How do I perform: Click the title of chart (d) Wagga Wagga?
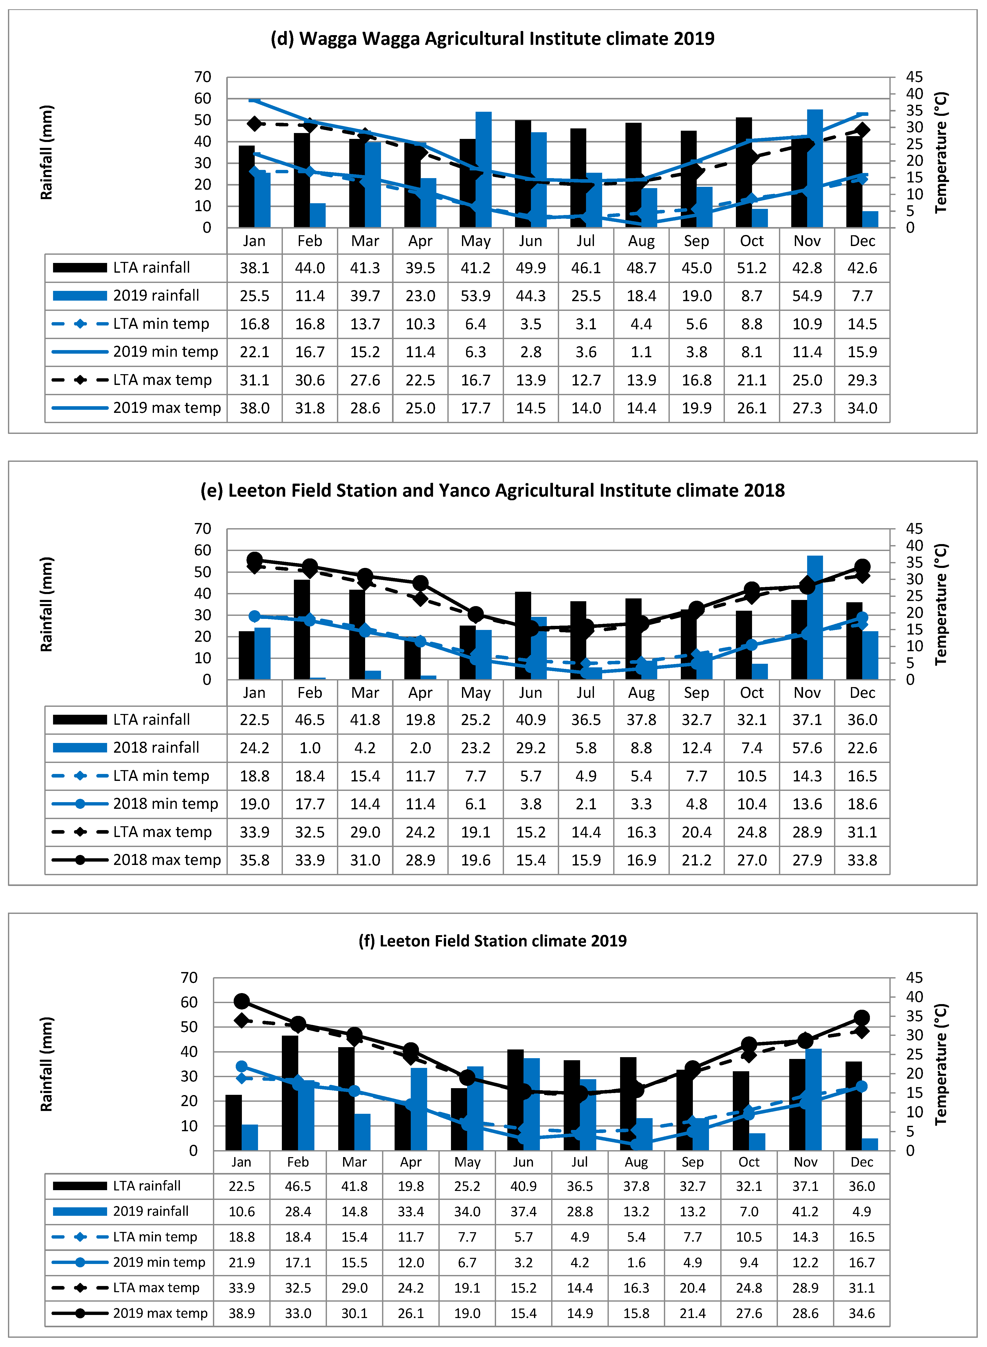click(492, 39)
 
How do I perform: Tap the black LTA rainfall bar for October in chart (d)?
click(744, 173)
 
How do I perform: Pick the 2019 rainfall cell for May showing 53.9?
click(476, 296)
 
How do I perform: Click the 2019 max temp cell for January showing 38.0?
click(254, 408)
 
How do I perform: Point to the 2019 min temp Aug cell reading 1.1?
click(641, 352)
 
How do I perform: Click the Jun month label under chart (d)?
click(531, 241)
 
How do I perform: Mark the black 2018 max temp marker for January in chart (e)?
click(254, 560)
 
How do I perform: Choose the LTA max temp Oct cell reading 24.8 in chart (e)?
click(752, 832)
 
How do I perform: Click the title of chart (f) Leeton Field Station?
click(492, 941)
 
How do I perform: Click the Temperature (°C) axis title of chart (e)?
click(941, 604)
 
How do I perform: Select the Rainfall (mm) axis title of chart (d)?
click(46, 152)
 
